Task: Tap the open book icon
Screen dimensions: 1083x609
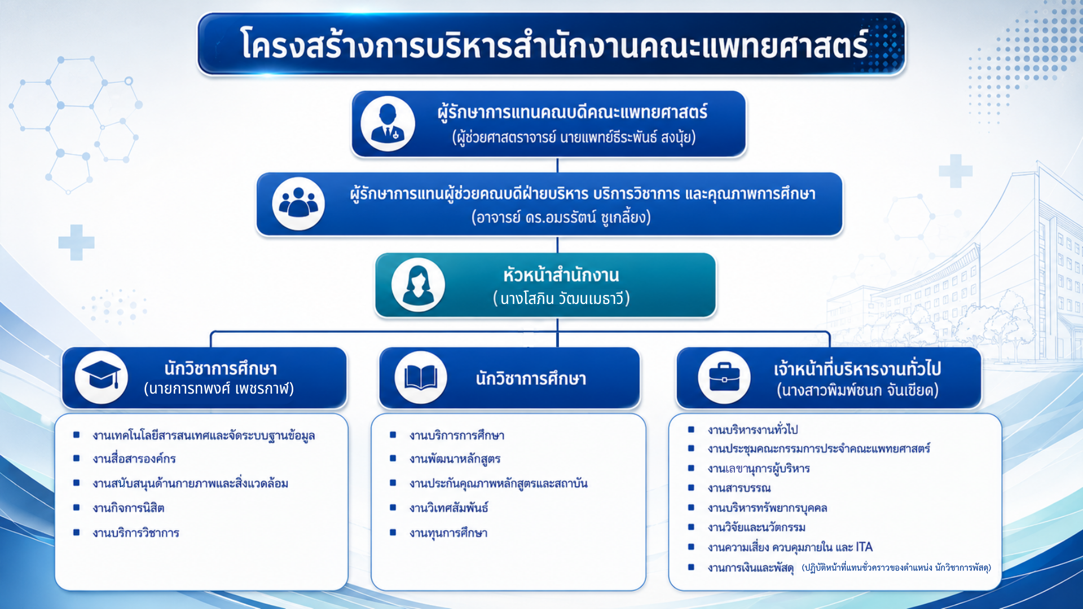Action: pos(421,377)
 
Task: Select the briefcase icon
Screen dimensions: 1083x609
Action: pos(724,377)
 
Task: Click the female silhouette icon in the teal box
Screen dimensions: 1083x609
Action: pos(418,285)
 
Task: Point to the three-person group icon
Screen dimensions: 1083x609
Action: pos(298,203)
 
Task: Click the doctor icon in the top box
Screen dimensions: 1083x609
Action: pos(388,124)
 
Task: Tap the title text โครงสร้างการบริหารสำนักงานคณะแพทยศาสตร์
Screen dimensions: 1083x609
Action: pos(554,45)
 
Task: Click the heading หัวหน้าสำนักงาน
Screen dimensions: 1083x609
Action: pos(561,275)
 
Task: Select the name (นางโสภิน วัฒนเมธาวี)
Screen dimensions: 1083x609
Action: pos(561,298)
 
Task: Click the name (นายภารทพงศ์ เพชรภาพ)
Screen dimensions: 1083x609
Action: pos(219,389)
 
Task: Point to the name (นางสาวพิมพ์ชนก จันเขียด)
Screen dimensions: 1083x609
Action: pos(857,390)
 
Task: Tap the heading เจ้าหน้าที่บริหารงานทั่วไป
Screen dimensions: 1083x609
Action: pos(857,369)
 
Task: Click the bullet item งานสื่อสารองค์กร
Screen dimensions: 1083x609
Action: pos(134,459)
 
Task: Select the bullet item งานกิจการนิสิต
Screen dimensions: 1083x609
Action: pos(129,508)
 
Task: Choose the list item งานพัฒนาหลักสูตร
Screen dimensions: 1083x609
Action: pos(455,459)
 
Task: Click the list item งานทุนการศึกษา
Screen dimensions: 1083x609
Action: pos(448,533)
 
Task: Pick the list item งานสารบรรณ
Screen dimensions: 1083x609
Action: pos(739,488)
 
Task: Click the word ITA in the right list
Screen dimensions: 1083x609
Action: pos(864,547)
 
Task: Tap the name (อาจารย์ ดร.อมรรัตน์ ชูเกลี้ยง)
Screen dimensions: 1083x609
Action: pos(561,217)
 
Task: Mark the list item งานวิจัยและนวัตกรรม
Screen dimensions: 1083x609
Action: pos(756,527)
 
